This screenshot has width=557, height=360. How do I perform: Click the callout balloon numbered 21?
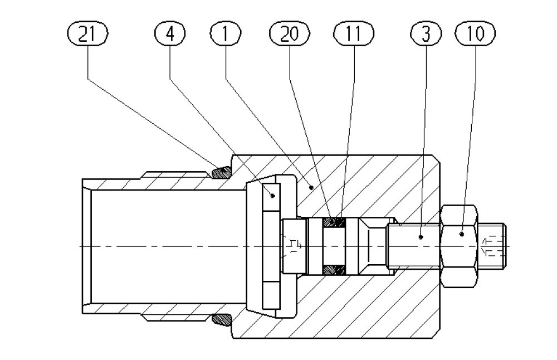click(86, 34)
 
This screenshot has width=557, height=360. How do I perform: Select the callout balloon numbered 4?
click(169, 34)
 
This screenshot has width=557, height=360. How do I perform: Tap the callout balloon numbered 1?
click(224, 34)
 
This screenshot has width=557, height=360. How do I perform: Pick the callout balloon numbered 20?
click(288, 34)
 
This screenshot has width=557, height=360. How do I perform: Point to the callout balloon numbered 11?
click(351, 34)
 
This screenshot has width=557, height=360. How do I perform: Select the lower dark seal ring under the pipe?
click(221, 320)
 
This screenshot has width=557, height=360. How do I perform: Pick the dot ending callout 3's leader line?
click(421, 236)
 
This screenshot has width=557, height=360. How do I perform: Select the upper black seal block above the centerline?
click(334, 223)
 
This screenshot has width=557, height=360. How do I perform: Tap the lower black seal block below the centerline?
click(334, 270)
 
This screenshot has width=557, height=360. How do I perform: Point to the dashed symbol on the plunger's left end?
click(294, 246)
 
